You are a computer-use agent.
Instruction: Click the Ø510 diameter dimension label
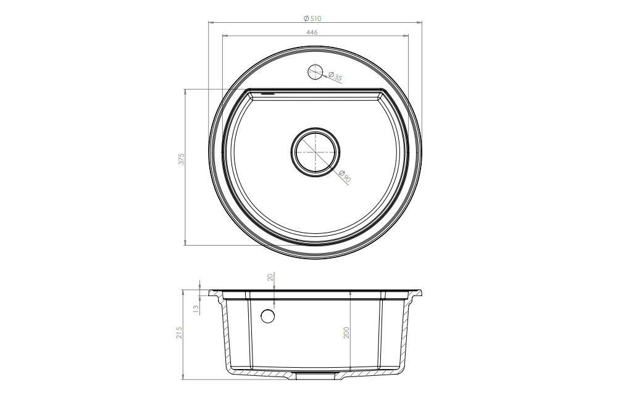click(x=312, y=19)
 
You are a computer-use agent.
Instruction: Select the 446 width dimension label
click(x=312, y=32)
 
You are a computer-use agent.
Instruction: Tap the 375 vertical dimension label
click(x=182, y=159)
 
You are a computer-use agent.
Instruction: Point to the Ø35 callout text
click(x=335, y=76)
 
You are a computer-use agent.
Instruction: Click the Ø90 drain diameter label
click(x=344, y=176)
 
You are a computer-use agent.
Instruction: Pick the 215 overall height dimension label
click(x=179, y=333)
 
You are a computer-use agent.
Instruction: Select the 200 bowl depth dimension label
click(x=346, y=333)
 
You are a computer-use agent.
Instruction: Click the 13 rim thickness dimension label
click(x=196, y=309)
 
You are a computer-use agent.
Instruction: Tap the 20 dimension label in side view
click(x=270, y=277)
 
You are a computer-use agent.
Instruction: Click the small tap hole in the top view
click(x=315, y=72)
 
